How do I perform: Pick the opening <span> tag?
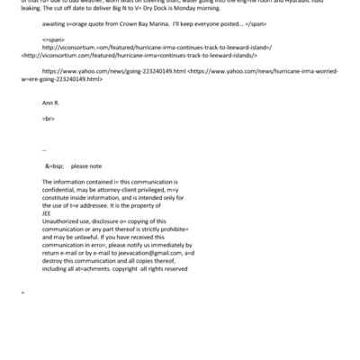pos(53,66)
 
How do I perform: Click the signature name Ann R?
pos(50,129)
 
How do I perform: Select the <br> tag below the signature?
pos(49,143)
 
